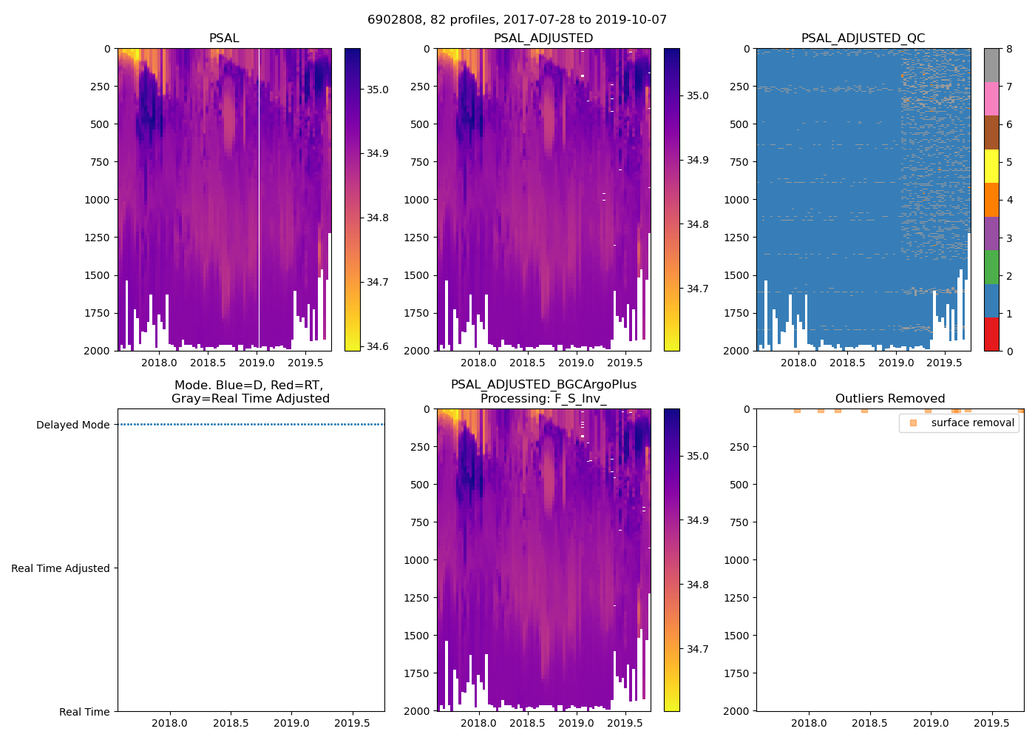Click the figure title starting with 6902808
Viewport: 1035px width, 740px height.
517,20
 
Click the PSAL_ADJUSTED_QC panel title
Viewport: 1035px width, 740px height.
863,38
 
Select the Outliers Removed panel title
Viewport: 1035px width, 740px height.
889,399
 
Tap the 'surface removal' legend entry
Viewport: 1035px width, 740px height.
972,423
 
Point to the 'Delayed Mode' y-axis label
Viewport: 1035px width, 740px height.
72,425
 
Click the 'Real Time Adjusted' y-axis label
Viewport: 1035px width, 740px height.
60,568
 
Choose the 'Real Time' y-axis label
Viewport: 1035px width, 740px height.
84,712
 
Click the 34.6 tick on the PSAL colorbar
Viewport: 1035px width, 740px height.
378,346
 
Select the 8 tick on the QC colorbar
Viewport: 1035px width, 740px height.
1009,49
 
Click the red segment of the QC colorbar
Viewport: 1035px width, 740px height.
991,334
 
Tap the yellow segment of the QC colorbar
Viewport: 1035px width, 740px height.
991,166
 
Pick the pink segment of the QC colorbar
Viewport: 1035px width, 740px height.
991,98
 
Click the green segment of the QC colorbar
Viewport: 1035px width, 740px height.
991,266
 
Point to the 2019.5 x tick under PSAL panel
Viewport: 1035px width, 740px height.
305,363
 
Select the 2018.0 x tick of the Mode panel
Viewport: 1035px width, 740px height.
170,723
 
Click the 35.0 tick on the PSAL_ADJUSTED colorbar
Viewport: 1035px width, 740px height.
698,95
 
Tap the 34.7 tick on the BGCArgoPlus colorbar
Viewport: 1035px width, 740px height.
698,649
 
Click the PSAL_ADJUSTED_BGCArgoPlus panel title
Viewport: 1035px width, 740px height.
543,391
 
